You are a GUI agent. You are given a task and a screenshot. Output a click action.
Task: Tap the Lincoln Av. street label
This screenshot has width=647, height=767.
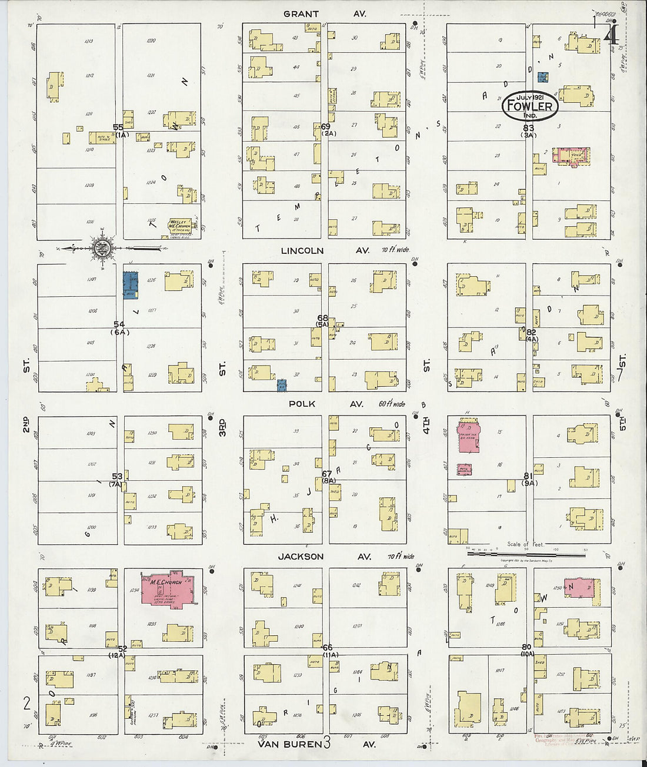coord(326,250)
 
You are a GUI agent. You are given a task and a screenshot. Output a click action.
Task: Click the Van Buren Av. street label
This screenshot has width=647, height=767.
coord(318,744)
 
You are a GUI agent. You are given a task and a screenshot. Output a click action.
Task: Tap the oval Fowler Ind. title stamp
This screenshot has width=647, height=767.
coord(529,106)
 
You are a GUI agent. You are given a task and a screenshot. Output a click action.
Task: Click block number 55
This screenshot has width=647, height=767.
coord(118,127)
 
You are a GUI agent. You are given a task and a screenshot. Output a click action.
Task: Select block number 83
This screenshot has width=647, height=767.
coord(528,128)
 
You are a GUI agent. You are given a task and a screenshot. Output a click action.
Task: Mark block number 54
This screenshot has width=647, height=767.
coord(119,324)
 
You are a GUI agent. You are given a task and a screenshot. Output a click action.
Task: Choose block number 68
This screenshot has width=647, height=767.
coord(323,318)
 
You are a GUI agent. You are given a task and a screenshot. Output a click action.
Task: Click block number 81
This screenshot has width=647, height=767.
coord(528,475)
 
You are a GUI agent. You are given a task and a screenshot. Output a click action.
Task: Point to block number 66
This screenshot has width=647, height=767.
coord(328,647)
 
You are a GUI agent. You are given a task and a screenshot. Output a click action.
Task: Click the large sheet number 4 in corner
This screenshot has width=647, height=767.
coord(611,34)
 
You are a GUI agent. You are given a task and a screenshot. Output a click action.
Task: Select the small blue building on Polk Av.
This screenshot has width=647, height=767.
coord(282,385)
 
